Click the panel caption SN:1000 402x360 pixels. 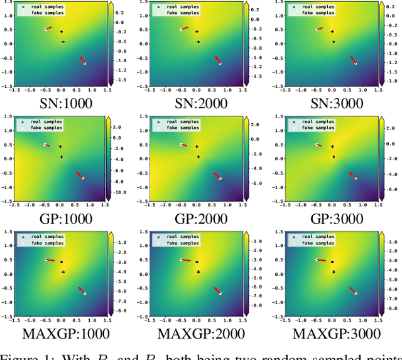(x=61, y=102)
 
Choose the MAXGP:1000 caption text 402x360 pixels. (x=61, y=334)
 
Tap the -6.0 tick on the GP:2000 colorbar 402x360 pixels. (x=257, y=184)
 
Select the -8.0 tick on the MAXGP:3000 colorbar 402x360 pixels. (x=393, y=308)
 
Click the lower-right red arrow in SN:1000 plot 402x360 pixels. (x=82, y=60)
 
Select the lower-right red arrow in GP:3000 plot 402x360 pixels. (x=352, y=175)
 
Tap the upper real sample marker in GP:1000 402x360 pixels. (x=60, y=147)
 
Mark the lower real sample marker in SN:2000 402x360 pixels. (x=198, y=42)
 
